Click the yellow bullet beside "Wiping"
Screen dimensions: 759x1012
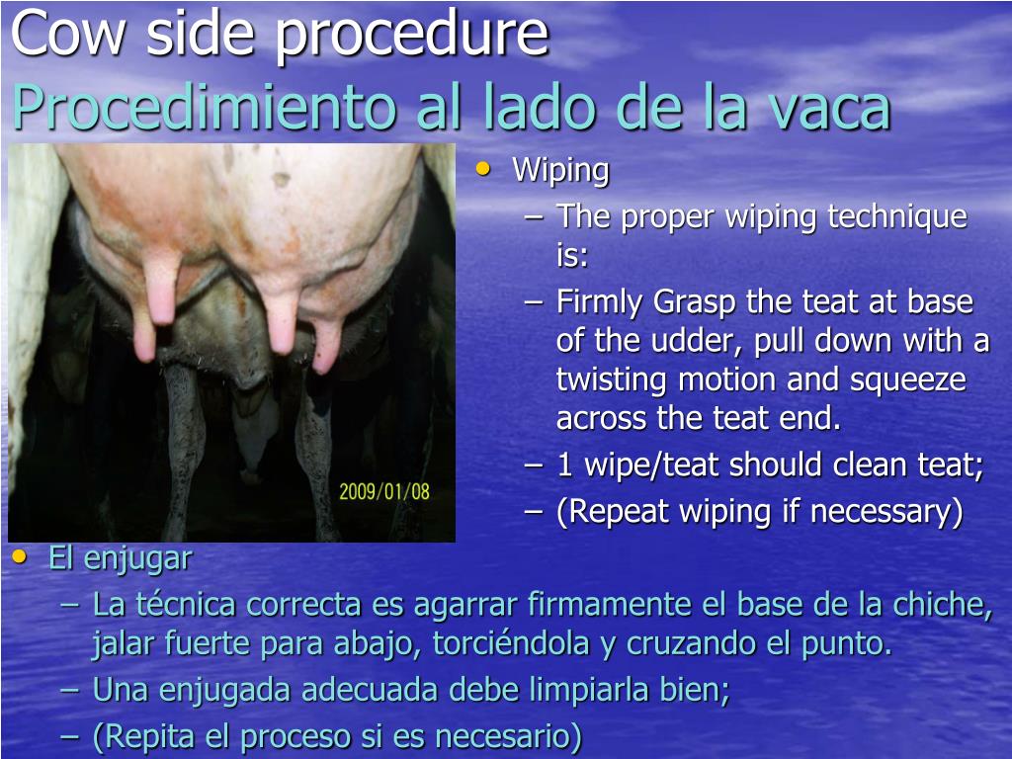pyautogui.click(x=482, y=169)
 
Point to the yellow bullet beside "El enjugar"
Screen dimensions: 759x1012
pyautogui.click(x=20, y=557)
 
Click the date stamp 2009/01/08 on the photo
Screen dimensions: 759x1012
pyautogui.click(x=384, y=491)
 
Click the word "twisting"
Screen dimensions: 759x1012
pyautogui.click(x=614, y=379)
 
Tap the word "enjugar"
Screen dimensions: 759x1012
pyautogui.click(x=137, y=558)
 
